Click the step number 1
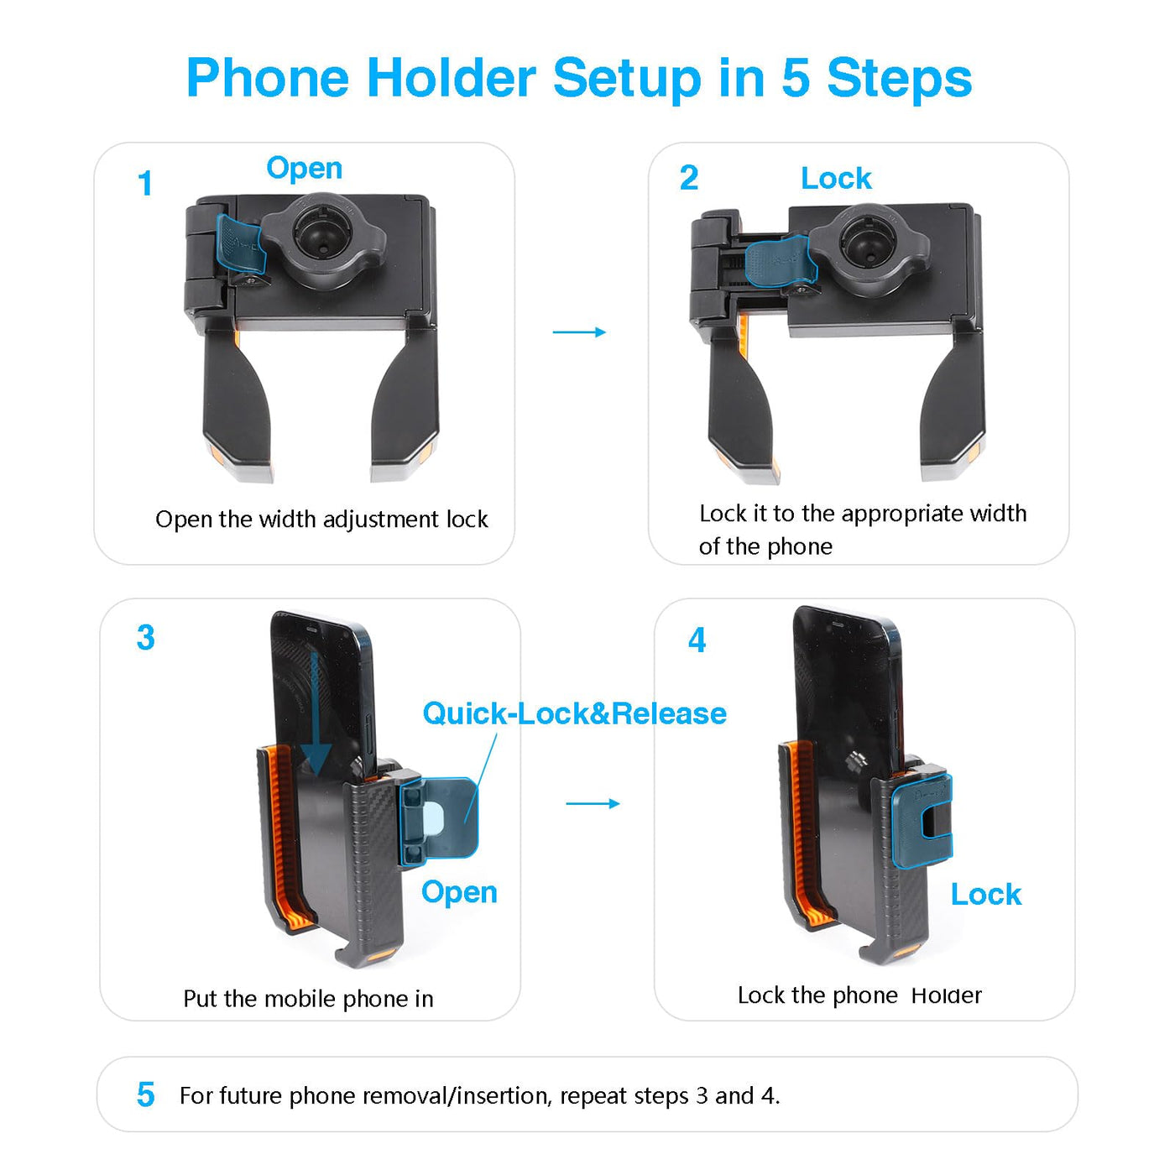pyautogui.click(x=145, y=184)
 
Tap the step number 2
pyautogui.click(x=688, y=178)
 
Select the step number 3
pyautogui.click(x=146, y=638)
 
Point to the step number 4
pyautogui.click(x=697, y=640)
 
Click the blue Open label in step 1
pyautogui.click(x=305, y=169)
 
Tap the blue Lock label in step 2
pyautogui.click(x=836, y=179)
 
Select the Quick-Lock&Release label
pyautogui.click(x=574, y=713)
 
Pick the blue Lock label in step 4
pyautogui.click(x=986, y=895)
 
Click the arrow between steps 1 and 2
pyautogui.click(x=579, y=332)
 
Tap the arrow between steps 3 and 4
pyautogui.click(x=593, y=804)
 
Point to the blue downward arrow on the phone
pyautogui.click(x=316, y=714)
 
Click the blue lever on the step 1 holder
pyautogui.click(x=241, y=244)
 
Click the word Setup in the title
pyautogui.click(x=627, y=80)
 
